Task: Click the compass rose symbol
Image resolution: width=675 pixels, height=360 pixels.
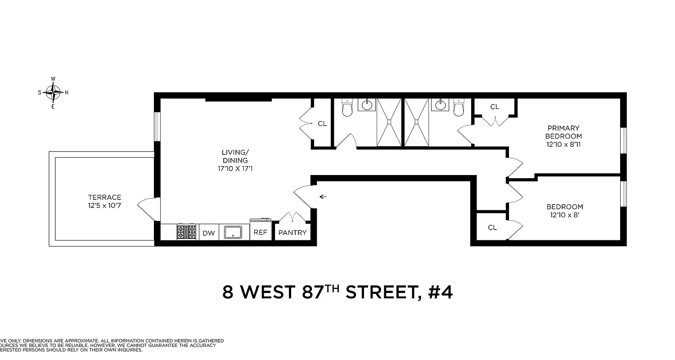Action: (x=53, y=93)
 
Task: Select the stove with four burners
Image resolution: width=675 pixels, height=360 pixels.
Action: (x=186, y=232)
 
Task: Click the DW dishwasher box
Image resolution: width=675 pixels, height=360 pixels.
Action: (x=208, y=233)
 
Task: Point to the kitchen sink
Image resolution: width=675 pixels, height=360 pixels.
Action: (x=234, y=232)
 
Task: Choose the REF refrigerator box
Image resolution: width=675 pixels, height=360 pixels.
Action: (x=261, y=233)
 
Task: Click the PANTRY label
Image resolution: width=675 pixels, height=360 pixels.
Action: (x=292, y=233)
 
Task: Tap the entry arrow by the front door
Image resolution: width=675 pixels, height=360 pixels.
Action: (x=323, y=197)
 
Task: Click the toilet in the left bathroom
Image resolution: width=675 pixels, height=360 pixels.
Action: (x=347, y=108)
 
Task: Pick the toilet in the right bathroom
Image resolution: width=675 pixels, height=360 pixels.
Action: (x=459, y=108)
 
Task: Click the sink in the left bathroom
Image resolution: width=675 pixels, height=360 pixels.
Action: (x=367, y=105)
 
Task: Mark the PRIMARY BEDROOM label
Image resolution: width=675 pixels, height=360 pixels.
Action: (x=563, y=132)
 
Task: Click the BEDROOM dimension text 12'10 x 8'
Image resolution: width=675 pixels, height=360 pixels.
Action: (x=564, y=215)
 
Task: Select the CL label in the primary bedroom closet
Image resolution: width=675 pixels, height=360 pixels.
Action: (x=495, y=107)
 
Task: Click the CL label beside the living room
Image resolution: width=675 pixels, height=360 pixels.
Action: (x=322, y=123)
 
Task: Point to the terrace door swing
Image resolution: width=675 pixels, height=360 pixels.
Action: (x=146, y=208)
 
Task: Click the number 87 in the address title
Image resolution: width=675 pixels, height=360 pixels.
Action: (x=312, y=292)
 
